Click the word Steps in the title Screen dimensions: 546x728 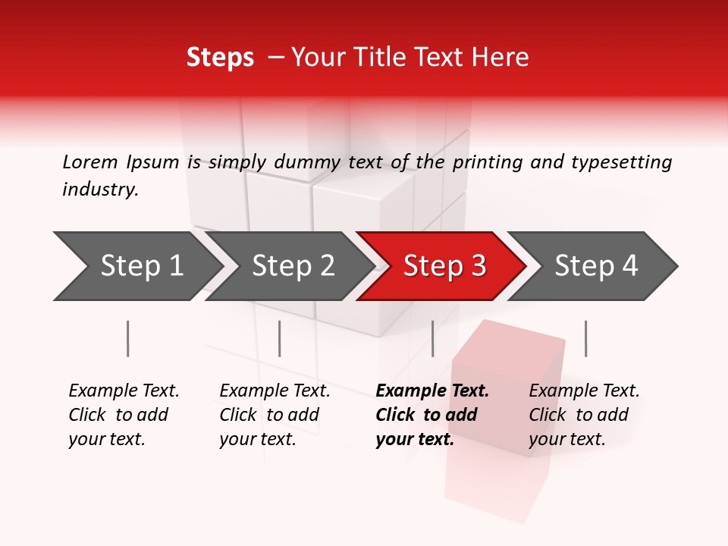click(x=220, y=58)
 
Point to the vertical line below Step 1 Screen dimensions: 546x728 click(x=128, y=338)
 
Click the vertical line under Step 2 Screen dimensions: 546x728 click(x=280, y=338)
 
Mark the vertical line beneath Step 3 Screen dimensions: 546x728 click(x=432, y=338)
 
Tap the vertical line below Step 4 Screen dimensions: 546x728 click(x=585, y=338)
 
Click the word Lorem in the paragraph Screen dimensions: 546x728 click(x=90, y=162)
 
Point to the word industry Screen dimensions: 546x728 click(x=100, y=189)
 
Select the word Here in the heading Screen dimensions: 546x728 click(x=504, y=58)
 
